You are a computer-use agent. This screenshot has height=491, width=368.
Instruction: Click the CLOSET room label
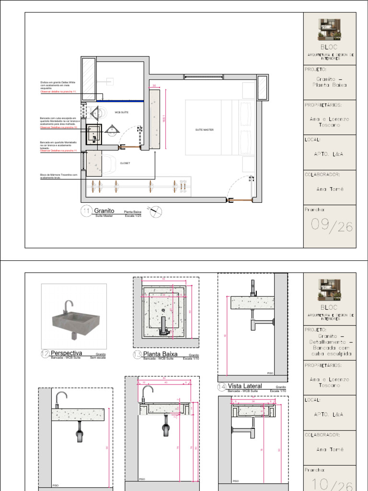pos(125,163)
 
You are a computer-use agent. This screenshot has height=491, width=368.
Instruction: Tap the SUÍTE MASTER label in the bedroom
pos(204,130)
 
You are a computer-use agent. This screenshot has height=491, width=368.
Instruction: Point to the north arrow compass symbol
pos(156,211)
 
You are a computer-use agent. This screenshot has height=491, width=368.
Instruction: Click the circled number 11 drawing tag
pos(87,211)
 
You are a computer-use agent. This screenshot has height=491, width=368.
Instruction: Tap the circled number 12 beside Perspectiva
pos(45,354)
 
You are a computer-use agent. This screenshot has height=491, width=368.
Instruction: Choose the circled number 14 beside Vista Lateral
pos(222,386)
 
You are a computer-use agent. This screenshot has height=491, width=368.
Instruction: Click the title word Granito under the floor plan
pos(104,210)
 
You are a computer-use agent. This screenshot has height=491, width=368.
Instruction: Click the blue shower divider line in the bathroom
pos(122,101)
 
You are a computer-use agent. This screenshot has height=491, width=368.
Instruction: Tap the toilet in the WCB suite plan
pos(98,113)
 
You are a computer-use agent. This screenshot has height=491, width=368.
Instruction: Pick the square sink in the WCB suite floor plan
pos(94,133)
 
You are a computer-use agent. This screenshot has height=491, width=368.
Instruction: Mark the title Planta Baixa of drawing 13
pos(160,354)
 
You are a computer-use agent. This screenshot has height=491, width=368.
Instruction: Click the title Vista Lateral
pos(245,386)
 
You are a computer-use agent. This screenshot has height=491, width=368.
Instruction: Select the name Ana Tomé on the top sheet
pos(330,189)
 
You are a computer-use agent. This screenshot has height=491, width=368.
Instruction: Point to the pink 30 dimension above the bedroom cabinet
pos(154,86)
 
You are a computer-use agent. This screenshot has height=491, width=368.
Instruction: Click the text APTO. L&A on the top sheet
pos(330,154)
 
